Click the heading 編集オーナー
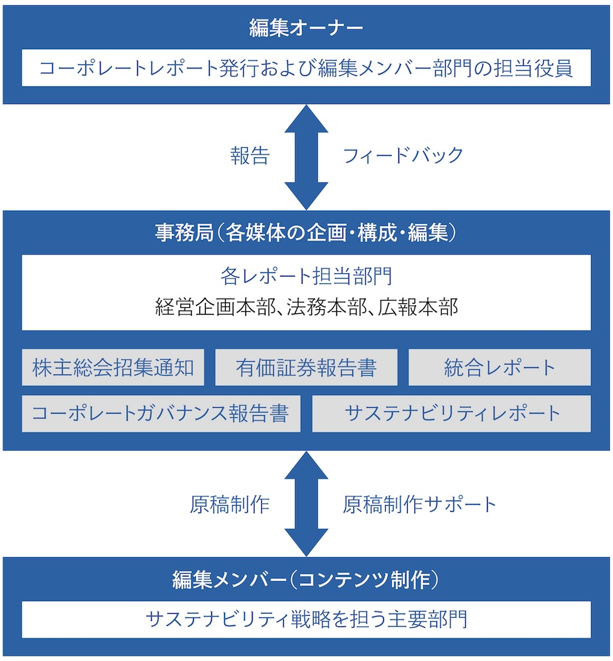pos(306,28)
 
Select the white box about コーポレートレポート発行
pos(306,68)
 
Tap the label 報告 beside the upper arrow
pos(250,156)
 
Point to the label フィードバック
pos(402,156)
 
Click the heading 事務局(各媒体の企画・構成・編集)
pos(306,233)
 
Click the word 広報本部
pos(418,307)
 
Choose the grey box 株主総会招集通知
pos(113,368)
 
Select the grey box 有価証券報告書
pos(306,368)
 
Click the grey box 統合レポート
pos(499,368)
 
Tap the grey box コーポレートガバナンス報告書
pos(161,414)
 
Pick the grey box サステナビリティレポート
pos(451,414)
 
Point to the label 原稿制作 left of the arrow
pos(229,504)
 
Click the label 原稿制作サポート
pos(420,504)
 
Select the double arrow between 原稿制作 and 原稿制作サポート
pos(306,504)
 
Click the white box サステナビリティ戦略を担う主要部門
pos(306,620)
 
